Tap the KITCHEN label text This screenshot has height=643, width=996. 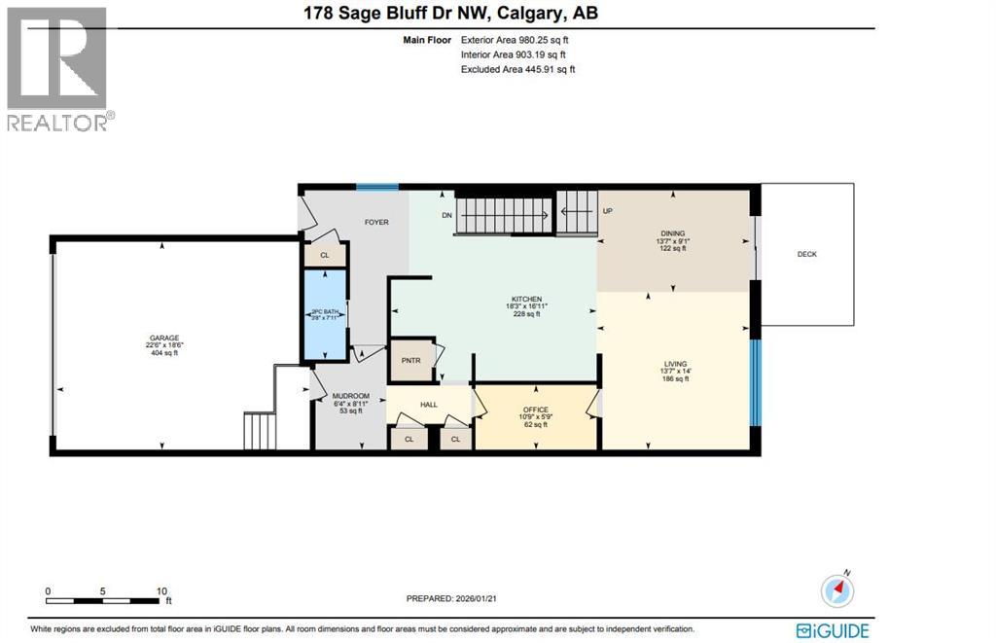click(x=527, y=299)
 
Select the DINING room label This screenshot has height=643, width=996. click(x=673, y=233)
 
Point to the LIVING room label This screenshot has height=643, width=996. click(x=675, y=364)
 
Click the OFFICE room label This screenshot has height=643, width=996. click(x=535, y=410)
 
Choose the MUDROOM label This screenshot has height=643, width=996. click(x=350, y=396)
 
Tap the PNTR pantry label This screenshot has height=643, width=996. click(x=409, y=359)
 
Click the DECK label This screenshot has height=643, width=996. click(x=806, y=254)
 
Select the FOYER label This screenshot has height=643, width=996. click(x=376, y=222)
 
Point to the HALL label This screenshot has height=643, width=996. click(x=429, y=404)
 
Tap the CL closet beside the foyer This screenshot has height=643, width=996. click(x=324, y=255)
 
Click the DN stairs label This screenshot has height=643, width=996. click(x=446, y=215)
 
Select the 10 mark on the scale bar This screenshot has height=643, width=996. click(x=161, y=590)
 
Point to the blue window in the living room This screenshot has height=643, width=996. click(x=754, y=380)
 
